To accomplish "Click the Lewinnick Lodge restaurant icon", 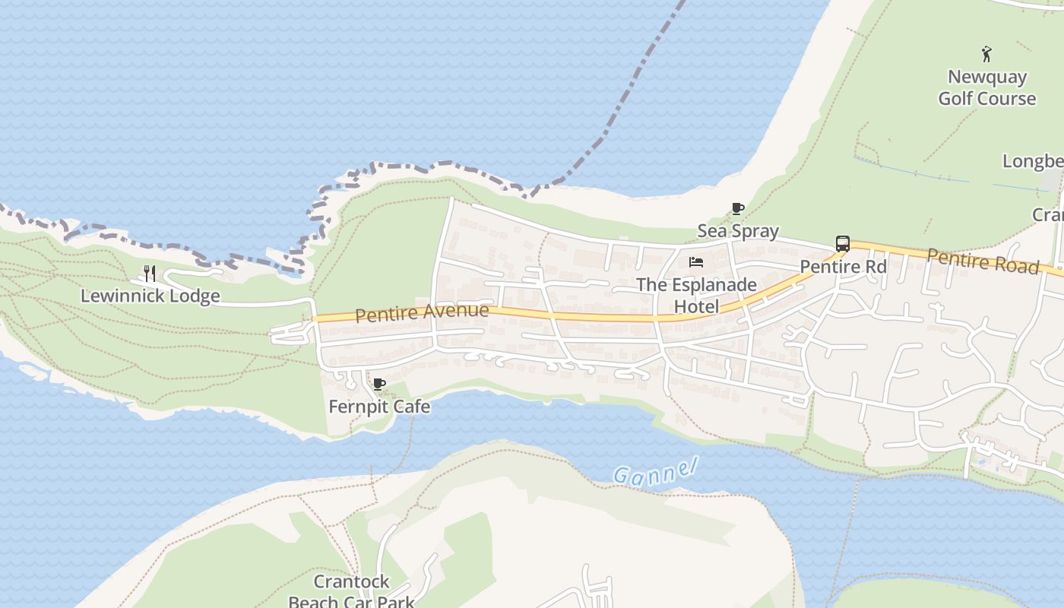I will point(150,274).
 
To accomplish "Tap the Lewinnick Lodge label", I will point(150,296).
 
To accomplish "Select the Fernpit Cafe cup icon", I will point(379,384).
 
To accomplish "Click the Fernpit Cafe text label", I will point(379,407).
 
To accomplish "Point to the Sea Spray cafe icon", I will point(737,208).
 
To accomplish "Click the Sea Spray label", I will point(738,231).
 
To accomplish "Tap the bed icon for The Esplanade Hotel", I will point(695,262).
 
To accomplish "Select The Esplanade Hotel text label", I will point(696,296).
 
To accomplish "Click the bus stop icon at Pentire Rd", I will point(842,244).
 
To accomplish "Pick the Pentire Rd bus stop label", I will point(843,267).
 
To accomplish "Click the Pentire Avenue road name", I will point(422,312).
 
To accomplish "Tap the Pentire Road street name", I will point(982,261).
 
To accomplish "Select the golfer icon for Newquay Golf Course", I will point(986,54).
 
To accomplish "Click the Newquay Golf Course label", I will point(986,87).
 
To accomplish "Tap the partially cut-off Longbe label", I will point(1033,161).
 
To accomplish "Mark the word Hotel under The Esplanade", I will point(696,306).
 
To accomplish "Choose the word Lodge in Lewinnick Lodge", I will point(194,296).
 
